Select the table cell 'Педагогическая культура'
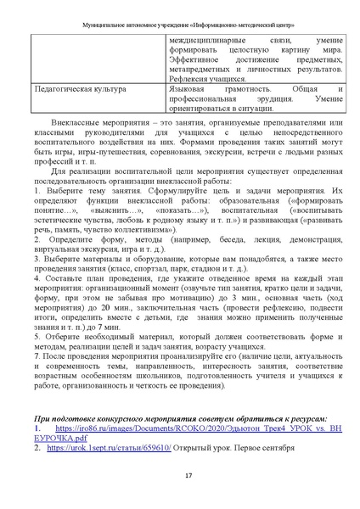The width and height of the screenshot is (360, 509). coord(77,88)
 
